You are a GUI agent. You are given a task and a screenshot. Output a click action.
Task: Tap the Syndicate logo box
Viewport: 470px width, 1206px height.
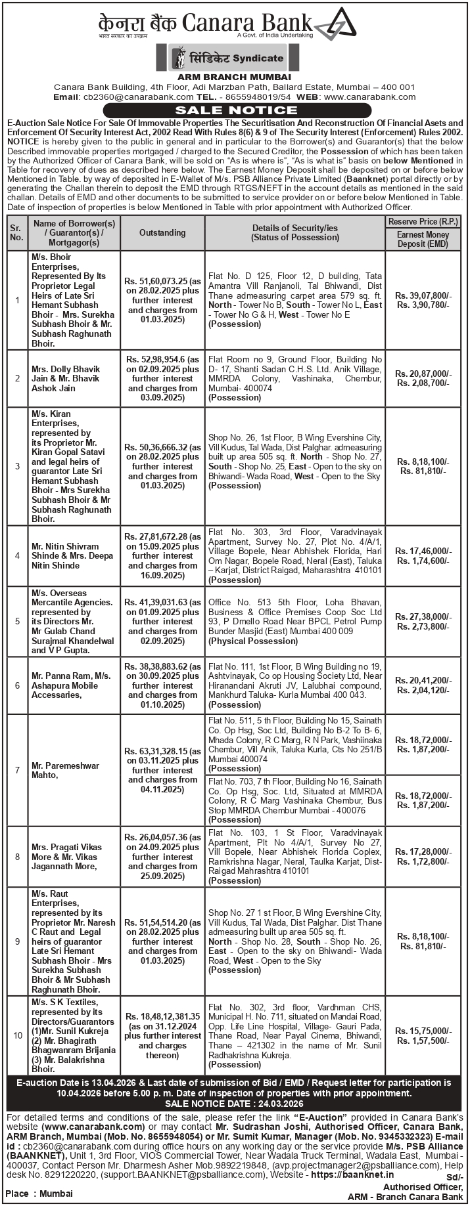pyautogui.click(x=234, y=58)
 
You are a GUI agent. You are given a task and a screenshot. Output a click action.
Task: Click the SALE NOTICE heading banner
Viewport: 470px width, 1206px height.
pyautogui.click(x=235, y=110)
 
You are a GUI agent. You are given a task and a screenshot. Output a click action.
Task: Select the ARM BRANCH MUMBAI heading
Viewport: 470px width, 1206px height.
pyautogui.click(x=235, y=77)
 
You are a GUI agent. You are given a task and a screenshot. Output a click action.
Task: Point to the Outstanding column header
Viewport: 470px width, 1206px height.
pyautogui.click(x=162, y=232)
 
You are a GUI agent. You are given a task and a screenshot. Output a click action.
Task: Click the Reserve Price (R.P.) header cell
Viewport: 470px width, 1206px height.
pyautogui.click(x=423, y=222)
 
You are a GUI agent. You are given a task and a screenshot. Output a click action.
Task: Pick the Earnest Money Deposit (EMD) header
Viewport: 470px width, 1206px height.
pyautogui.click(x=423, y=239)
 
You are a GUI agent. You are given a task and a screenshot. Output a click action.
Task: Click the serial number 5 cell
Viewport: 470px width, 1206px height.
pyautogui.click(x=17, y=621)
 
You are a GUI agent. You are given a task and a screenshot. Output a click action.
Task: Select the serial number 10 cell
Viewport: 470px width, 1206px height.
pyautogui.click(x=17, y=1035)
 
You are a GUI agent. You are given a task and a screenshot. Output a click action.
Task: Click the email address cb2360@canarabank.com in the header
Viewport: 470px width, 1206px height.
pyautogui.click(x=116, y=97)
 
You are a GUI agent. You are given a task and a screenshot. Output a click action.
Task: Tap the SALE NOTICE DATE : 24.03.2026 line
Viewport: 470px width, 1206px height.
pyautogui.click(x=234, y=1103)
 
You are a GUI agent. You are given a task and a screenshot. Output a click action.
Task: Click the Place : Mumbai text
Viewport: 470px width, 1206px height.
pyautogui.click(x=39, y=1193)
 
